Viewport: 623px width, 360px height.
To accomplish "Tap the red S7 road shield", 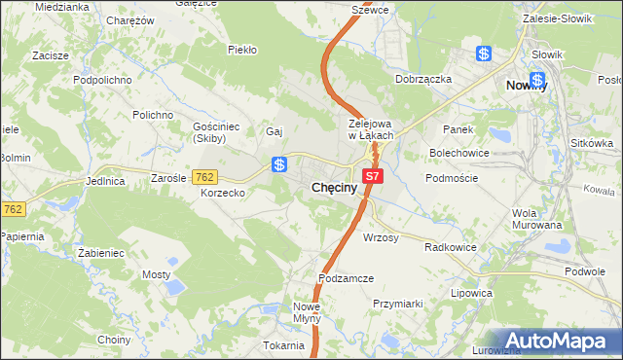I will (374, 175).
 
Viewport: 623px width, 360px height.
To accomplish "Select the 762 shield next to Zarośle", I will (204, 177).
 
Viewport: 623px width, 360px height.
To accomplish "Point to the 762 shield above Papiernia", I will (12, 208).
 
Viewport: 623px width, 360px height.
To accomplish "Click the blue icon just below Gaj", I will (279, 164).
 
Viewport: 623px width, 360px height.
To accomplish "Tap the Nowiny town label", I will (528, 86).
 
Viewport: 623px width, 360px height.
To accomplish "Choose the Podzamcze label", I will (346, 278).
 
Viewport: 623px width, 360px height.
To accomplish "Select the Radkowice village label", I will (451, 247).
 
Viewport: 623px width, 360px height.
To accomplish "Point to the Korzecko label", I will (223, 194).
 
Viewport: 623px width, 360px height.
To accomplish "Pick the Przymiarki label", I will (397, 304).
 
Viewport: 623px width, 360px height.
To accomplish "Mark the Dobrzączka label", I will (422, 79).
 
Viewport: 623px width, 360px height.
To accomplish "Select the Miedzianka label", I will (61, 6).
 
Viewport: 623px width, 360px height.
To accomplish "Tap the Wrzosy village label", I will (381, 237).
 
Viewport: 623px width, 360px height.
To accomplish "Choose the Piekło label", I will (241, 49).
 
